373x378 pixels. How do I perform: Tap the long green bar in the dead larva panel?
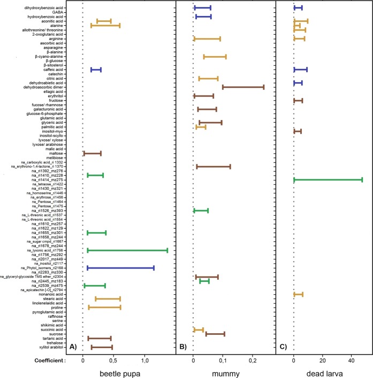tap(328, 180)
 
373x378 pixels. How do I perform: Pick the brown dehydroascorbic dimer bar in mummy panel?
tap(243, 87)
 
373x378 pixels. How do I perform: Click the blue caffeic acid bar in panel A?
tap(96, 70)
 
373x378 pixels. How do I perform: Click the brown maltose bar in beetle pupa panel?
tap(92, 154)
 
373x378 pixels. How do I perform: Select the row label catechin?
tap(56, 74)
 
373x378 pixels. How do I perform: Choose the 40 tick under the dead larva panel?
tap(351, 360)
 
